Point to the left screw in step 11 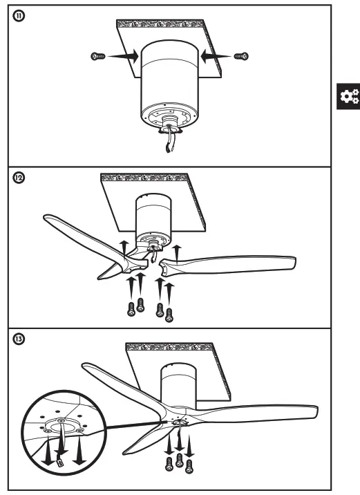pos(98,55)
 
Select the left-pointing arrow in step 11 pos(215,55)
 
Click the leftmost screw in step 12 pos(130,309)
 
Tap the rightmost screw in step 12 pos(170,315)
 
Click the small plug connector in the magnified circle pos(60,460)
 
